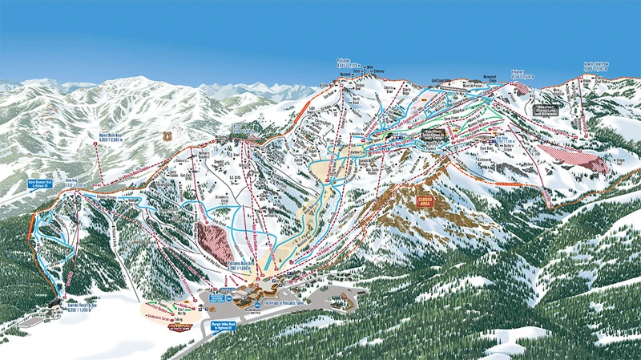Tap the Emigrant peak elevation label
[522, 75]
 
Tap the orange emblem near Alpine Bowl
[167, 137]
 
